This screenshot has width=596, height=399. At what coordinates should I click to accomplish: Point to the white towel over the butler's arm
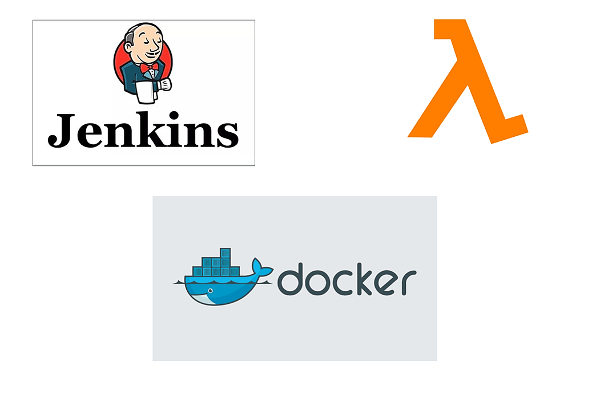[146, 92]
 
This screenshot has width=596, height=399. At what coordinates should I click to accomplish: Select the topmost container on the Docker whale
[224, 253]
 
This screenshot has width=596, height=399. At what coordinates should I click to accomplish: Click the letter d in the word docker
[291, 279]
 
